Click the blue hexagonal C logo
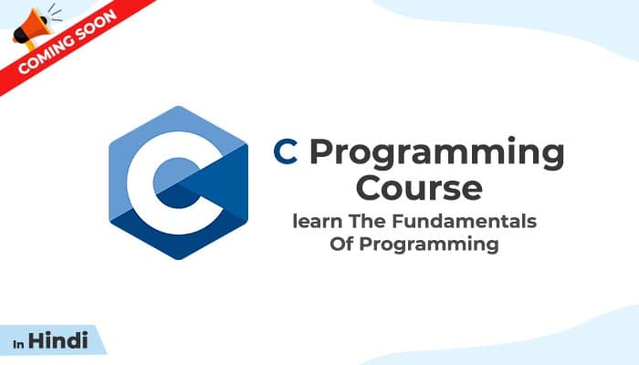(178, 183)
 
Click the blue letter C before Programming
(287, 152)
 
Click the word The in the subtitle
(360, 223)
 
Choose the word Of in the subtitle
(341, 245)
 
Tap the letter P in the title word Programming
(319, 152)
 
